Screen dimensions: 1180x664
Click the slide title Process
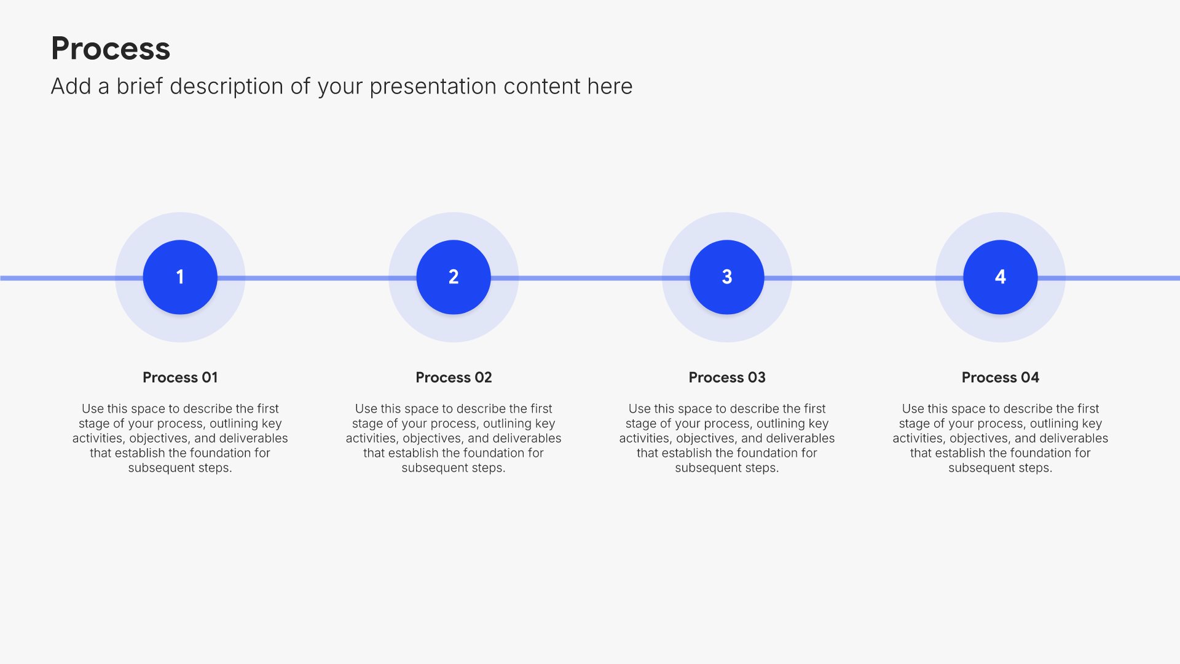coord(111,49)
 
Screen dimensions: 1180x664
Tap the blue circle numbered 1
coord(180,277)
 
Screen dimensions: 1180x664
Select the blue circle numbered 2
coord(454,277)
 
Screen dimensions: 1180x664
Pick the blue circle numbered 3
coord(727,277)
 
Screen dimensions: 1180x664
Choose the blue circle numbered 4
coord(1001,277)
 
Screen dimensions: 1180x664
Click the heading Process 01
coord(180,377)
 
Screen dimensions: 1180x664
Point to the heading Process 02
coord(454,377)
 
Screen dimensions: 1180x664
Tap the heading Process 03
coord(727,377)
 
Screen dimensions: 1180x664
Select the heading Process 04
coord(1001,377)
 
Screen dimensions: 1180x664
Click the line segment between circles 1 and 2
coord(317,278)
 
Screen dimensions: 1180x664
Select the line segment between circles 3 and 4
coord(863,278)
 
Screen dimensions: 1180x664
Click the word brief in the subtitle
coord(140,86)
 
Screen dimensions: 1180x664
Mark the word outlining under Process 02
coord(507,424)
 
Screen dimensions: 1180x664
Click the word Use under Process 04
coord(912,409)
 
